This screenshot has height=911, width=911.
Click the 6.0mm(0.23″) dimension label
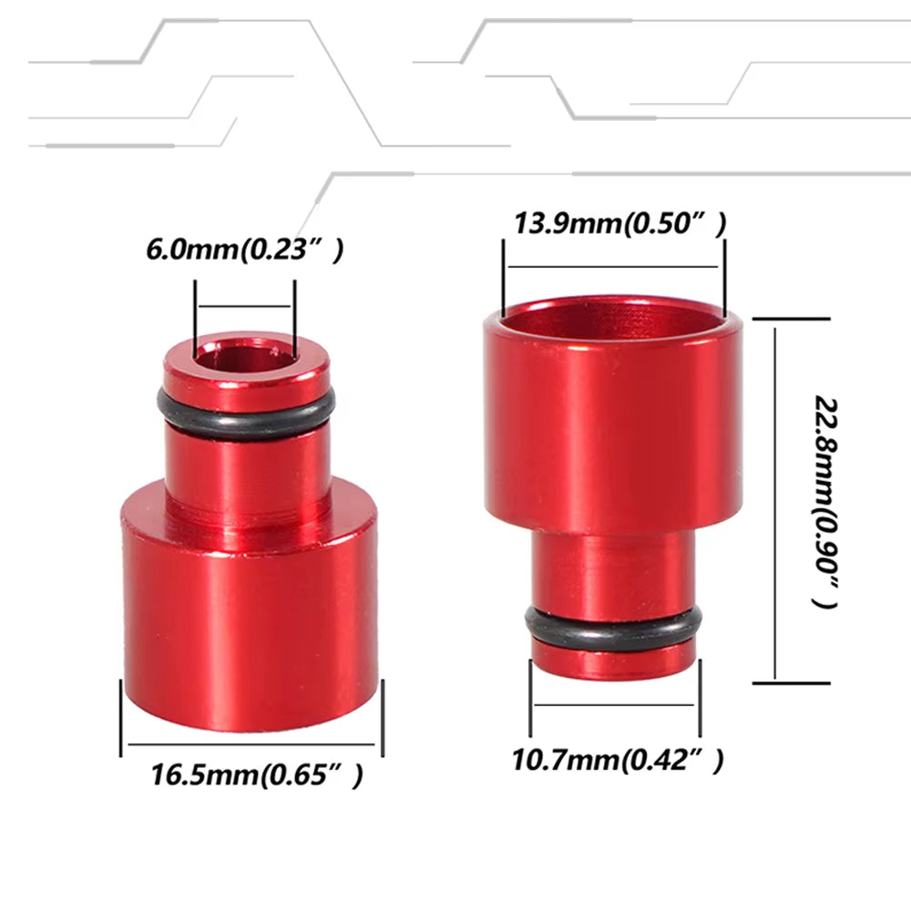tap(244, 250)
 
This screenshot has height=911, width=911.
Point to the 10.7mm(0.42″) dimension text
tap(619, 758)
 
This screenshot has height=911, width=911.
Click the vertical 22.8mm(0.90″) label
tap(824, 502)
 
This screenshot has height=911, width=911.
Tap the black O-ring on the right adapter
tap(614, 628)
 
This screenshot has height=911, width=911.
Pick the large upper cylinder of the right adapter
tap(612, 428)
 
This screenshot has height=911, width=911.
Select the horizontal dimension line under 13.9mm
tap(613, 266)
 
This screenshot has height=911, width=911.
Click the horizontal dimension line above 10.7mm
tap(616, 704)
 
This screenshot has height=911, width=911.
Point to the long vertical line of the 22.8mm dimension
tap(775, 501)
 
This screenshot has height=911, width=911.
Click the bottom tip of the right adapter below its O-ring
tap(614, 663)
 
